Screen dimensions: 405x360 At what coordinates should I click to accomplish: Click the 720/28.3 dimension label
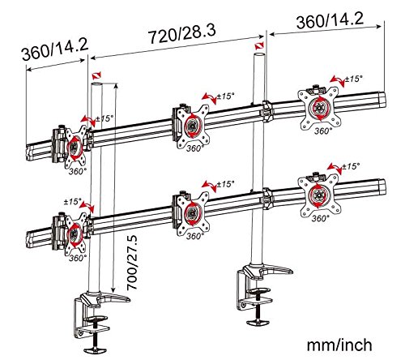[182, 34]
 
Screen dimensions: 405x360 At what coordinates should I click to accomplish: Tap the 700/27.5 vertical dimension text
[132, 263]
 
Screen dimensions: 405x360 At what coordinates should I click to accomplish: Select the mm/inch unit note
[339, 345]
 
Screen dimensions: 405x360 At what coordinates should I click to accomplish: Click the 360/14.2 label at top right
[330, 19]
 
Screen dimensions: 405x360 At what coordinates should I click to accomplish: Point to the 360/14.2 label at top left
[55, 50]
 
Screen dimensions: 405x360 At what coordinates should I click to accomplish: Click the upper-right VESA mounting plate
[318, 108]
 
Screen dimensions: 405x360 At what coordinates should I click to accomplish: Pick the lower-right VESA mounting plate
[318, 195]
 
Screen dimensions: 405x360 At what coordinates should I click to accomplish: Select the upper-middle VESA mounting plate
[193, 126]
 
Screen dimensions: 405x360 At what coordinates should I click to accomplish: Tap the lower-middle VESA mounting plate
[193, 214]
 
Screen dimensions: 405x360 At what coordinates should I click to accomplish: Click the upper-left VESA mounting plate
[75, 147]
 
